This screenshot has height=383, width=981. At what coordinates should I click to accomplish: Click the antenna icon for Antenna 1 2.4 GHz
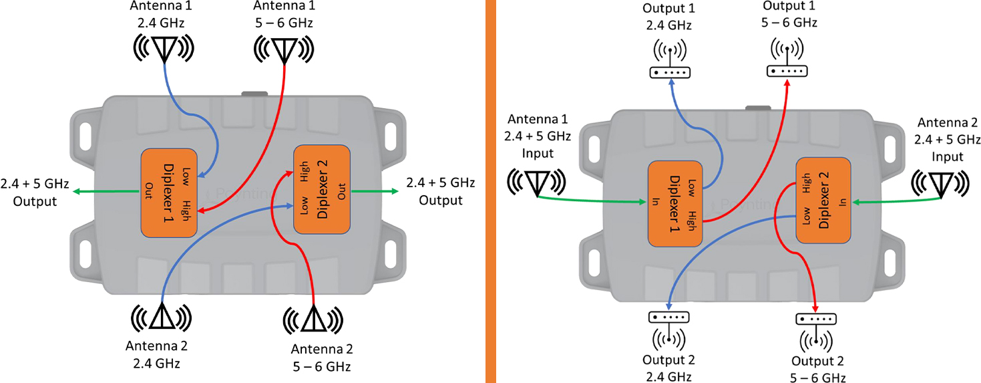tap(164, 47)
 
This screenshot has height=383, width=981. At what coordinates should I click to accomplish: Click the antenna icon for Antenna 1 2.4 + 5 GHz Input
tap(537, 182)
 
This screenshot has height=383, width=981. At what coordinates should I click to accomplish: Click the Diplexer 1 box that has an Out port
tap(170, 193)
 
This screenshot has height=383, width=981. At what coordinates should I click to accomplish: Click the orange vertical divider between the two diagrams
tap(491, 191)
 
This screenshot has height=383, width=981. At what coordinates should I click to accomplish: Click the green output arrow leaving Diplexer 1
tap(107, 192)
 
